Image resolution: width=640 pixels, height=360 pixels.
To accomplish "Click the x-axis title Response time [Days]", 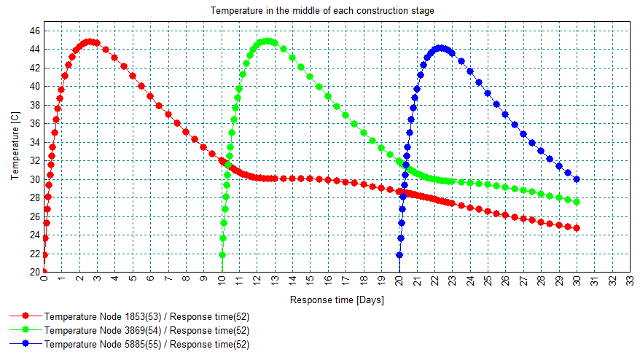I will (x=336, y=300).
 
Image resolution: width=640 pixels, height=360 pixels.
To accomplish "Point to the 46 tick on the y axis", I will (x=36, y=31).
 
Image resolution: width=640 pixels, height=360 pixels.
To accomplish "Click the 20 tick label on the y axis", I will (x=36, y=272).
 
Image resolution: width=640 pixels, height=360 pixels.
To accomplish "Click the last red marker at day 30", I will (x=577, y=228).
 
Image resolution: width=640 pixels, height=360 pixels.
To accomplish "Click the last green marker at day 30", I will (x=577, y=202).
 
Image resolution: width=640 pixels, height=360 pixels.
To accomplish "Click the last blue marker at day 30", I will (x=577, y=179).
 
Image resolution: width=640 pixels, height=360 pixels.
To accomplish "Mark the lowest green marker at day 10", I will (x=222, y=255).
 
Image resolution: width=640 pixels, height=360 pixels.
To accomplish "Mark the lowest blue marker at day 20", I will (x=399, y=255).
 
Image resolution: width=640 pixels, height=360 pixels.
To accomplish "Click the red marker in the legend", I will (x=26, y=317).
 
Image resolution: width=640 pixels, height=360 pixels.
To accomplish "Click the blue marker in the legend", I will (x=26, y=345).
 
